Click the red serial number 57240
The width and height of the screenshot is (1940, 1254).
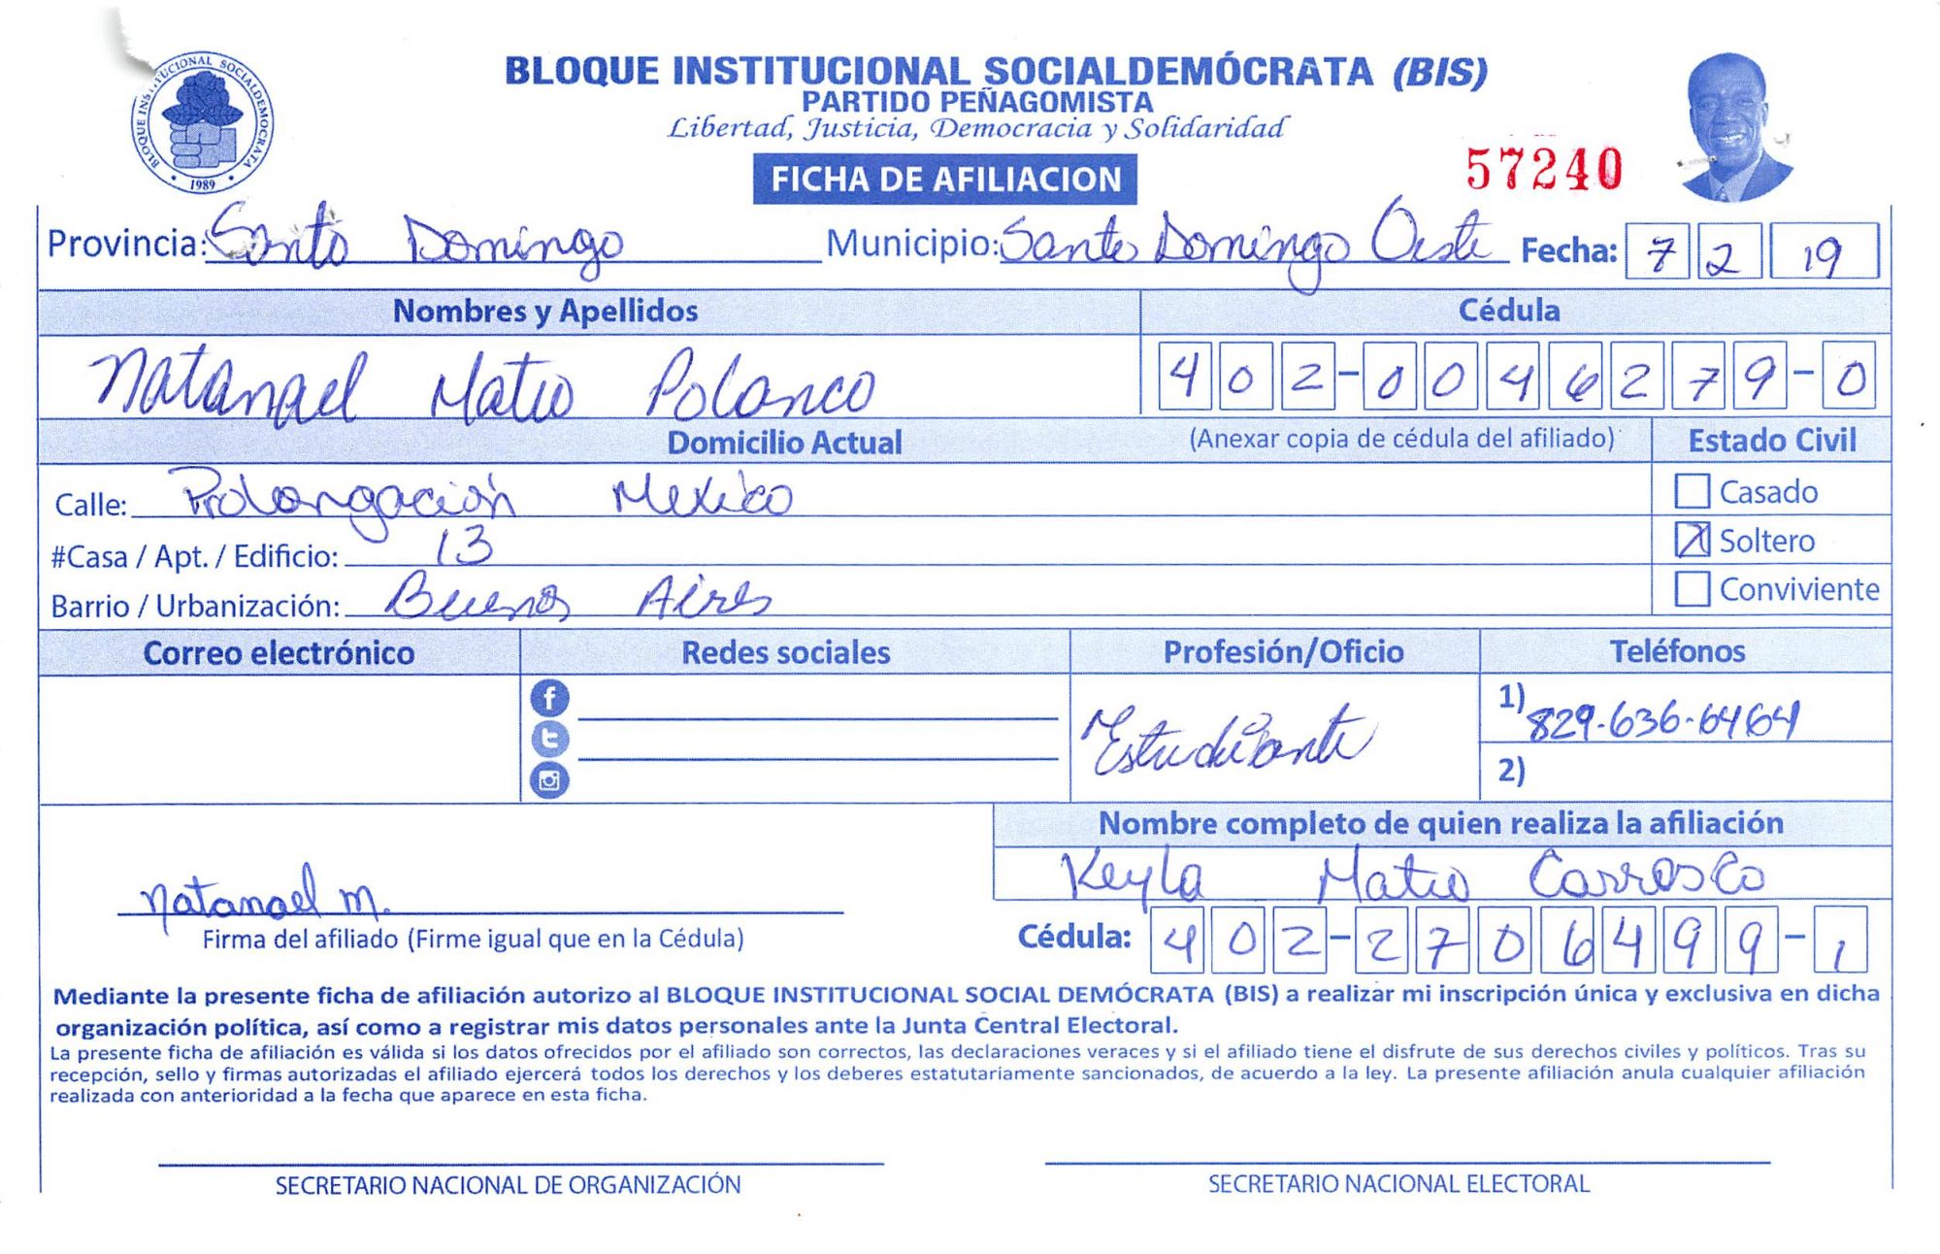tap(1543, 169)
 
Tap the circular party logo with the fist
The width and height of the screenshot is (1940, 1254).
tap(202, 122)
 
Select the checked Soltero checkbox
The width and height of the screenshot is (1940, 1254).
tap(1692, 540)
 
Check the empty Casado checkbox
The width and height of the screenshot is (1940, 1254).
tap(1692, 491)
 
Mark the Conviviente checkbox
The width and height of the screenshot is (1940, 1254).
tap(1692, 588)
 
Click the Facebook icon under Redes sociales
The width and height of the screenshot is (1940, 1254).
tap(549, 698)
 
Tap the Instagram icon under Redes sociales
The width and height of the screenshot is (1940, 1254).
tap(549, 779)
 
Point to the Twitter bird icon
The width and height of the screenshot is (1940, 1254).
tap(549, 739)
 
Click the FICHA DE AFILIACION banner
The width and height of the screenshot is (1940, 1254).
tap(944, 180)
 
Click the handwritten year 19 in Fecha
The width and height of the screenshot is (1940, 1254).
tap(1822, 254)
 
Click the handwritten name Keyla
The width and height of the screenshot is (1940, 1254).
tap(1132, 876)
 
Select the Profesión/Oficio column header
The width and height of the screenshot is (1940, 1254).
tap(1283, 652)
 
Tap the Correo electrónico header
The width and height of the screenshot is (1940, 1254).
tap(279, 653)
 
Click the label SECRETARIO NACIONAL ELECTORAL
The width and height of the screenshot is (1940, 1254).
tap(1398, 1184)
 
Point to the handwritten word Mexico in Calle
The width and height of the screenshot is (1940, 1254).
tap(702, 496)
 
